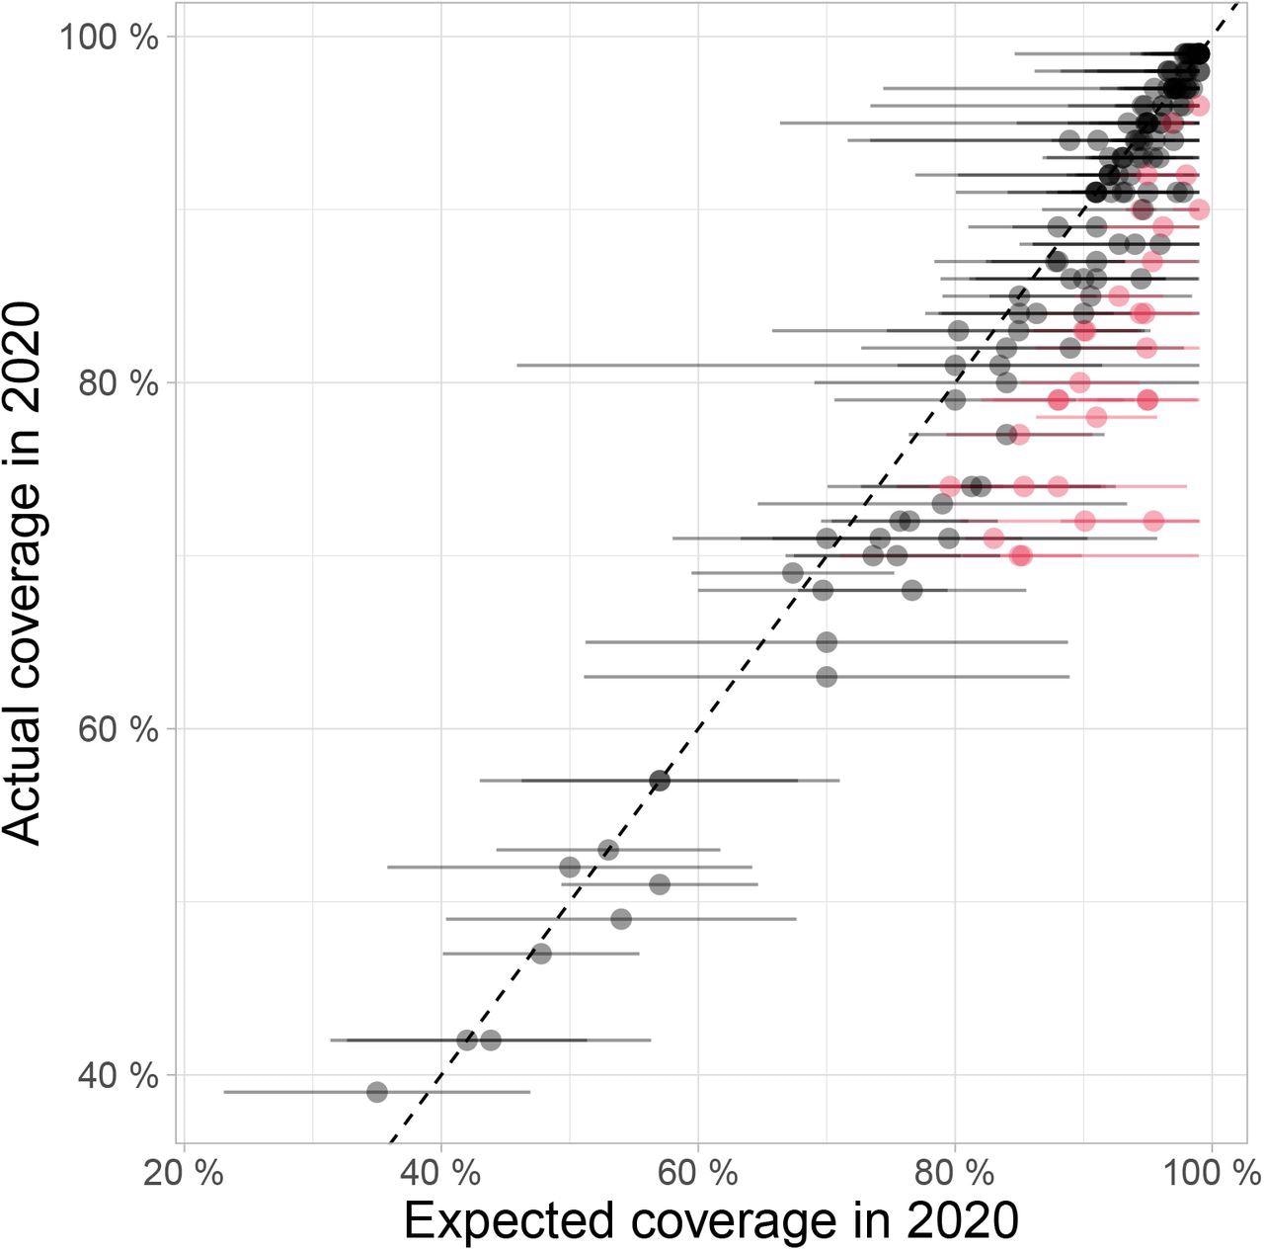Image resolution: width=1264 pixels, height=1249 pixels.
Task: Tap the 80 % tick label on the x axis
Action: [954, 1174]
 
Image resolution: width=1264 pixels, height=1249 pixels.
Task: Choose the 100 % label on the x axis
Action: [1211, 1174]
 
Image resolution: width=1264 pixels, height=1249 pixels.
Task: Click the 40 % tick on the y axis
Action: [118, 1075]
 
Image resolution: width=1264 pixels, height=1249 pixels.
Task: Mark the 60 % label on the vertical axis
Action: [118, 729]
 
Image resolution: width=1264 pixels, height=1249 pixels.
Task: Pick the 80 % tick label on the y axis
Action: [118, 383]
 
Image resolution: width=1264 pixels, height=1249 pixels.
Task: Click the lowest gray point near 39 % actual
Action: [376, 1092]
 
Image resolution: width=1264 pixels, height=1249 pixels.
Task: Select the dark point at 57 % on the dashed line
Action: [660, 781]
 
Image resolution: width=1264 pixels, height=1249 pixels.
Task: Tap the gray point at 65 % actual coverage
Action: [827, 642]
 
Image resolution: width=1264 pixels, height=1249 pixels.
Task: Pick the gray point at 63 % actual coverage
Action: [827, 677]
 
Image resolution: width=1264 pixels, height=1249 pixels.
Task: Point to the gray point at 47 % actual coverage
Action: [540, 954]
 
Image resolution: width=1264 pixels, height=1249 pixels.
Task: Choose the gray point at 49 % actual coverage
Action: [621, 919]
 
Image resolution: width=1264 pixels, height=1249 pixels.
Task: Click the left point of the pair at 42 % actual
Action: [467, 1040]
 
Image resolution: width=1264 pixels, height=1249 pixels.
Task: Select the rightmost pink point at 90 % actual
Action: [1199, 209]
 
